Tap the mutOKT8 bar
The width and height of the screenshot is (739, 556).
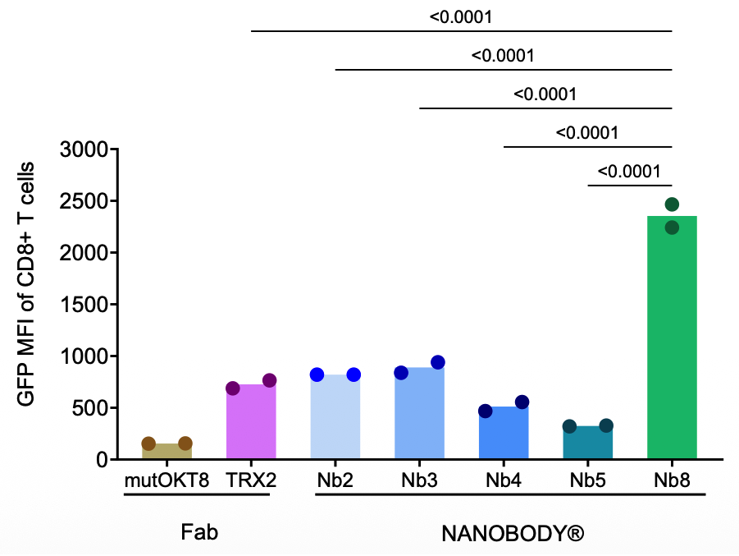tap(167, 451)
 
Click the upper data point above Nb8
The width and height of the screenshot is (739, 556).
tap(672, 204)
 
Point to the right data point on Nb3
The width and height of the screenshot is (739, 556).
tap(438, 362)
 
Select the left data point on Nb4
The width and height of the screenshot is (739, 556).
tap(486, 411)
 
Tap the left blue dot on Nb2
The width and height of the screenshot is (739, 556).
tap(317, 374)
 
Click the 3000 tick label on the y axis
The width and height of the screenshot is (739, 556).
tap(85, 150)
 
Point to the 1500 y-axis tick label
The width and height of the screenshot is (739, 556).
tap(85, 305)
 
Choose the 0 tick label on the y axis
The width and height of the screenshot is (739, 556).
tap(102, 460)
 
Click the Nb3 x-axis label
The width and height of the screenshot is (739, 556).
tap(418, 480)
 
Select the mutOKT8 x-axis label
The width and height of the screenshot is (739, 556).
tap(167, 480)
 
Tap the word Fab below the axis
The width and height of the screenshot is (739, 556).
tap(199, 533)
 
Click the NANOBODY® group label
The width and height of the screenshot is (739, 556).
tap(513, 534)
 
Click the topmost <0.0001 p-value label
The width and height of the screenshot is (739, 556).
tap(462, 16)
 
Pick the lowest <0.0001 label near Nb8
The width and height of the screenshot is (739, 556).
tap(629, 172)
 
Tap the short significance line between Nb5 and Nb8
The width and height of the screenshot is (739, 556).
tap(630, 185)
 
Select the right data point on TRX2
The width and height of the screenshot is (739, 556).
tap(269, 380)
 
